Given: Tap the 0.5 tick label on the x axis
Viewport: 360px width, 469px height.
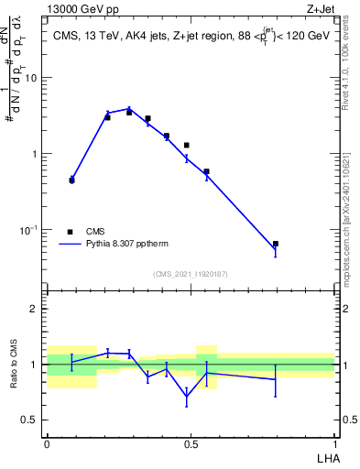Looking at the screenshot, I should [191, 442].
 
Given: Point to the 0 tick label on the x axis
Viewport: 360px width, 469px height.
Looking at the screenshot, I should [47, 442].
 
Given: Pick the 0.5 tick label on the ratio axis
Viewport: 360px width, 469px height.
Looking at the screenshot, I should [32, 420].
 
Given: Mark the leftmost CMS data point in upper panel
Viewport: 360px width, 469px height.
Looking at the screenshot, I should [71, 180].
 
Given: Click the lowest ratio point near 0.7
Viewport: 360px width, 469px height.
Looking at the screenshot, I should [187, 397].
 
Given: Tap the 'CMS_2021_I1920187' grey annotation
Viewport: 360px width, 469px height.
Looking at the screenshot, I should [191, 274].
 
